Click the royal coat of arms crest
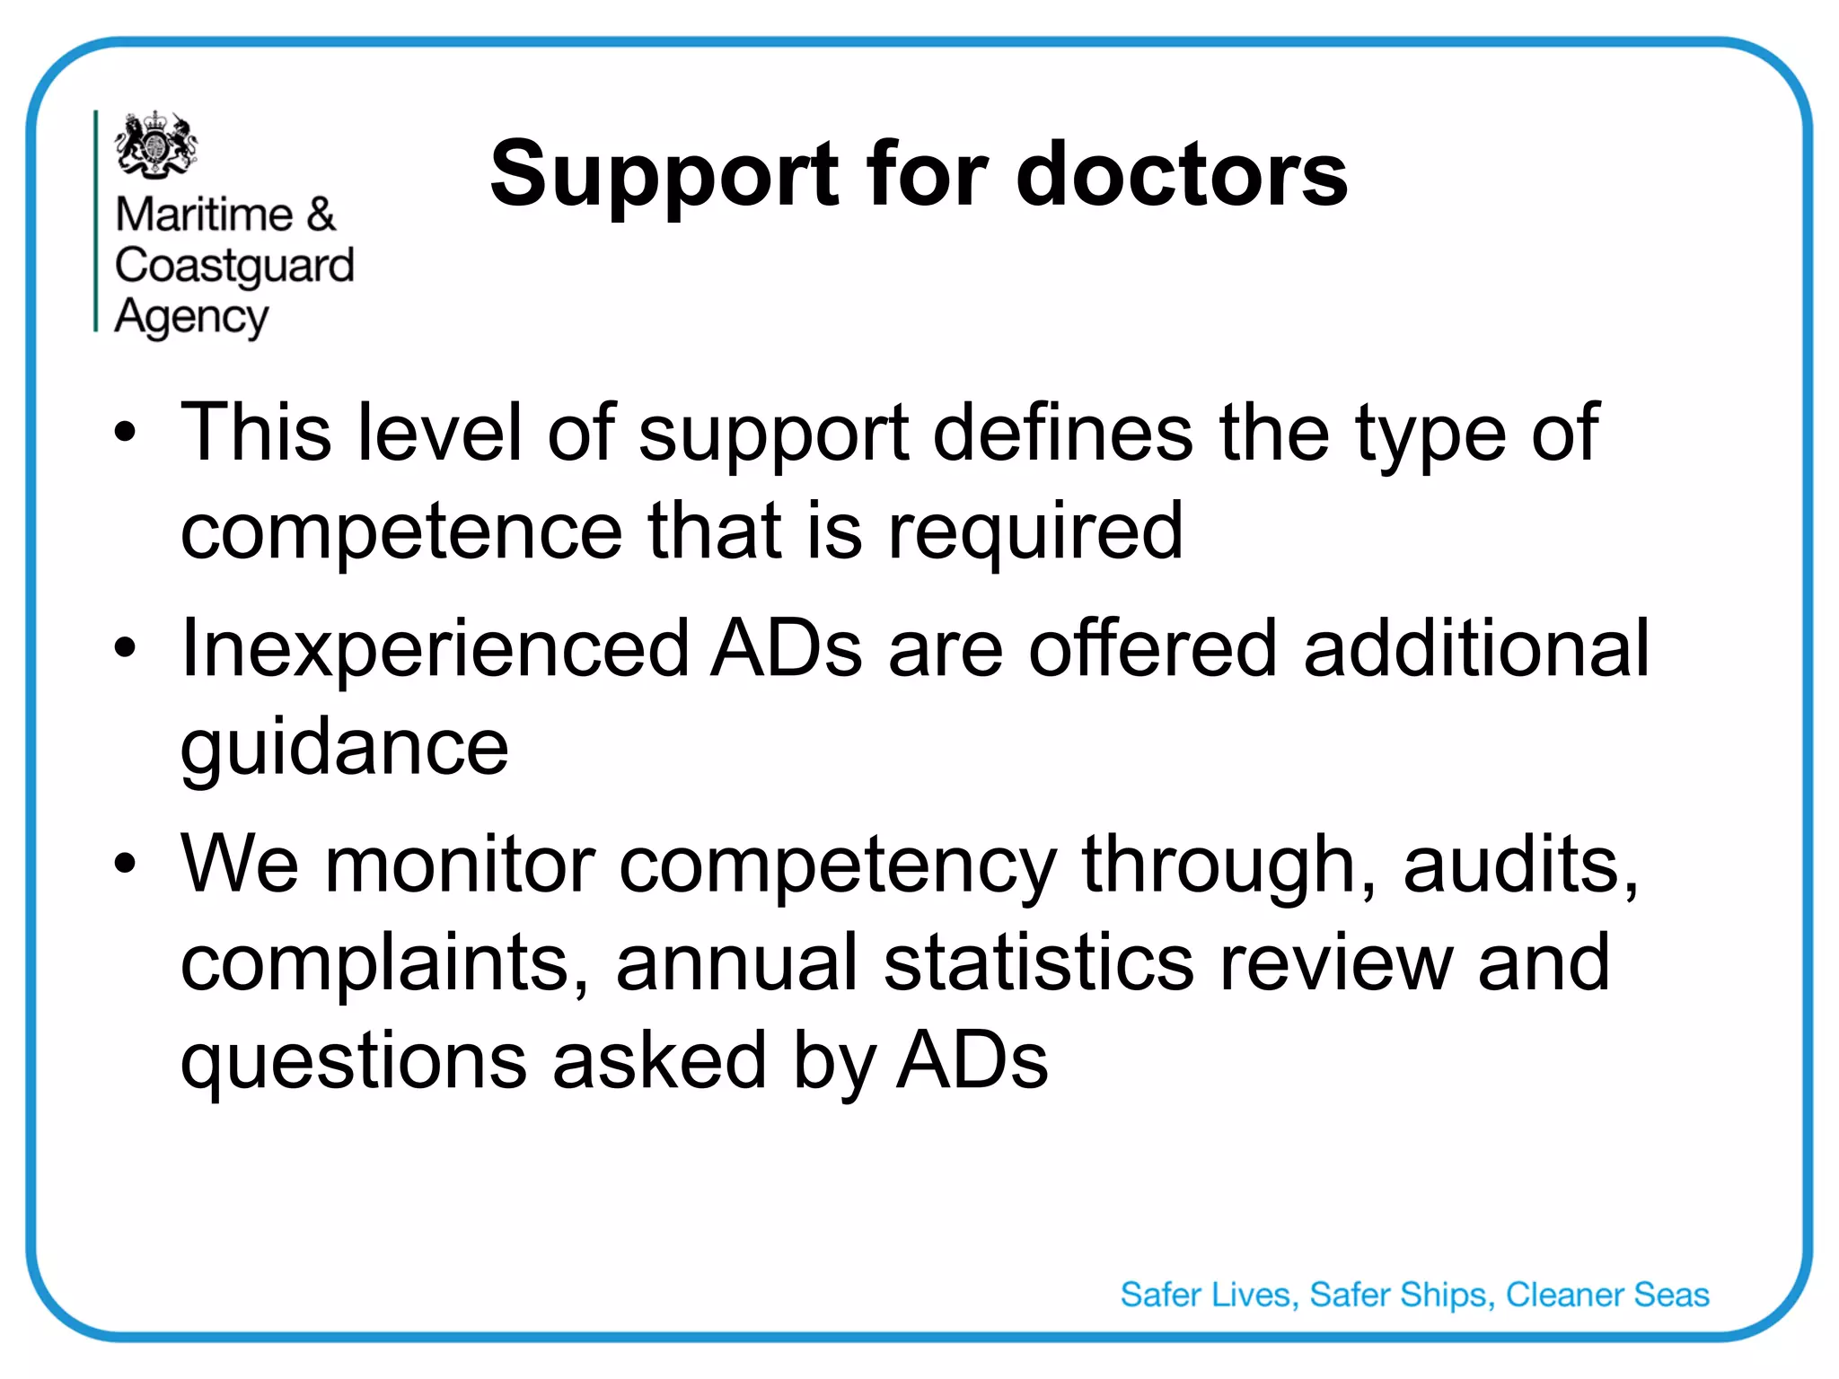coord(156,144)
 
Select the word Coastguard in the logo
coord(234,267)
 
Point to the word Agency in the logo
coord(191,318)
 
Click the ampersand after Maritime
coord(321,215)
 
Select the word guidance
coord(344,749)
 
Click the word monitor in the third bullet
coord(460,865)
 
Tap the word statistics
coord(1039,962)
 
